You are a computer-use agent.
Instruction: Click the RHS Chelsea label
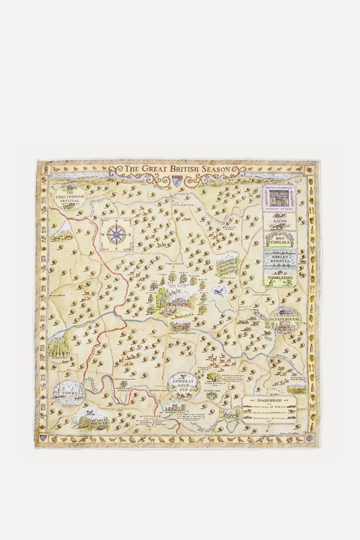pos(280,240)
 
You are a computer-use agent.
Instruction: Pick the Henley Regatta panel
pos(280,259)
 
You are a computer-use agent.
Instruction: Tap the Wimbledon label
pos(280,279)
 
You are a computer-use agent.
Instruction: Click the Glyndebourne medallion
pos(284,318)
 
